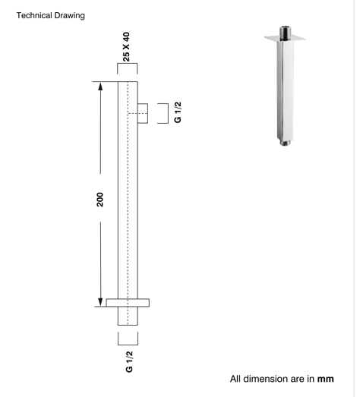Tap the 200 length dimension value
[x=100, y=199]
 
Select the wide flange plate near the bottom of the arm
[x=128, y=302]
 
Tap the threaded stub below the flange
[x=128, y=315]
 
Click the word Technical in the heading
[x=31, y=15]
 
